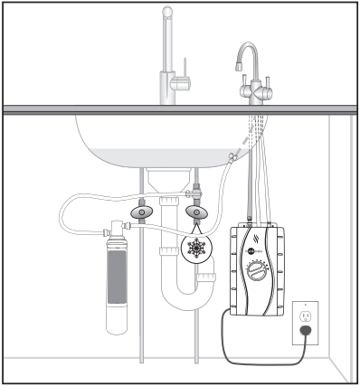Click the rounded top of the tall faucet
(167, 10)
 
